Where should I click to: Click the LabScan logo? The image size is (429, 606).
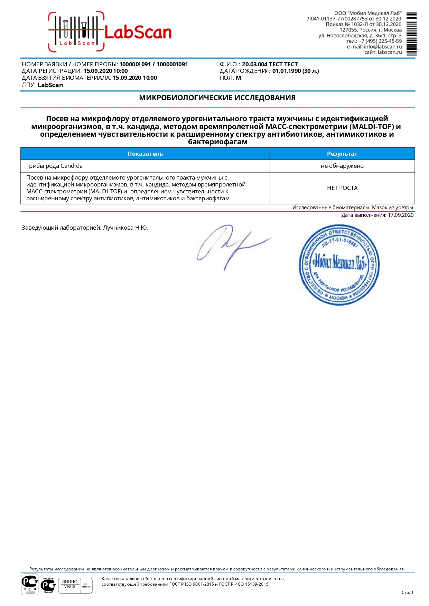pos(110,32)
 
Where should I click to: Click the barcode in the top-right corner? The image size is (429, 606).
pos(411,33)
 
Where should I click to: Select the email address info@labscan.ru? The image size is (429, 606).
pos(383,47)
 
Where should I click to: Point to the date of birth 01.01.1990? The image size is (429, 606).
pos(287,71)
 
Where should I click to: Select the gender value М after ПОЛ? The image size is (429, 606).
pos(239,78)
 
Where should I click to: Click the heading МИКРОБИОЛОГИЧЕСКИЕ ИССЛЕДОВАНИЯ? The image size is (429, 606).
pos(217,98)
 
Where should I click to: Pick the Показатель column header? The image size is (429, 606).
pos(145,154)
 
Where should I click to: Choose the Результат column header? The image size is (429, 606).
pos(342,154)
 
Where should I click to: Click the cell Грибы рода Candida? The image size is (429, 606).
pos(55,166)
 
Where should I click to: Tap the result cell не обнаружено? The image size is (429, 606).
pos(342,166)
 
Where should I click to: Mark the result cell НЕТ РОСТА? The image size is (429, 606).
pos(342,188)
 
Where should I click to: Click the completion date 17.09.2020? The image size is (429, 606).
pos(400,215)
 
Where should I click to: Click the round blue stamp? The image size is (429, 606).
pos(339,265)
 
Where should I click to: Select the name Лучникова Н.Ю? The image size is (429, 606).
pos(125,228)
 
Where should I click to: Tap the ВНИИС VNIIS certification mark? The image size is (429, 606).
pos(69,584)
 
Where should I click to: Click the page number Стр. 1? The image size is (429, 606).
pos(407,592)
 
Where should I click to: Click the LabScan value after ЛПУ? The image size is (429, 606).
pos(50,85)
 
